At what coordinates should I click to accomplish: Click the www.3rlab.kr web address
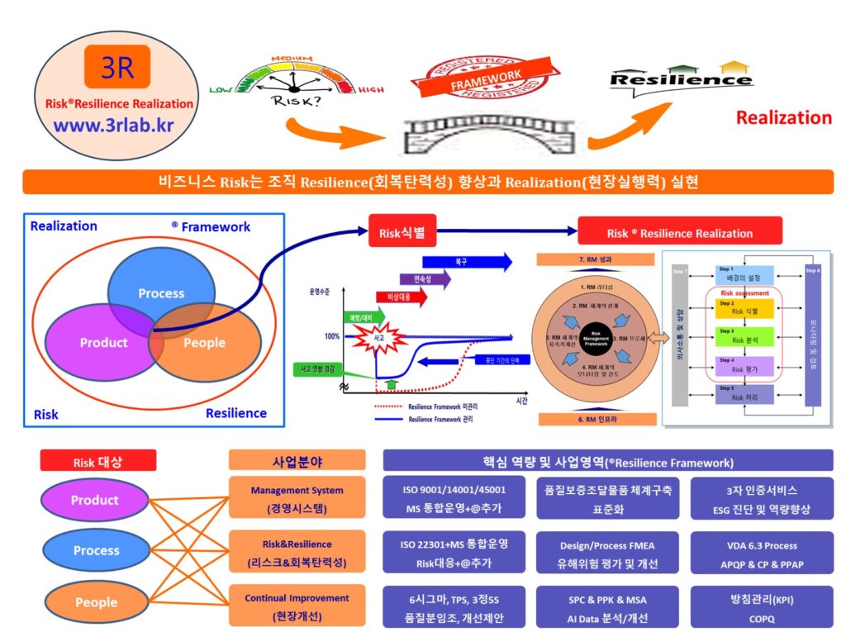tap(113, 126)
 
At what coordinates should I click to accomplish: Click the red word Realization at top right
tap(784, 117)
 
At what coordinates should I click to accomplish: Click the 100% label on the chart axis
tap(332, 336)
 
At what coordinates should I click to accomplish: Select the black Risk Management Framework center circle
tap(596, 337)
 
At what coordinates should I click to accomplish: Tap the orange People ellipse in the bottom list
tap(96, 601)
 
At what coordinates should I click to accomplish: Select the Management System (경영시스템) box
tap(297, 498)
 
